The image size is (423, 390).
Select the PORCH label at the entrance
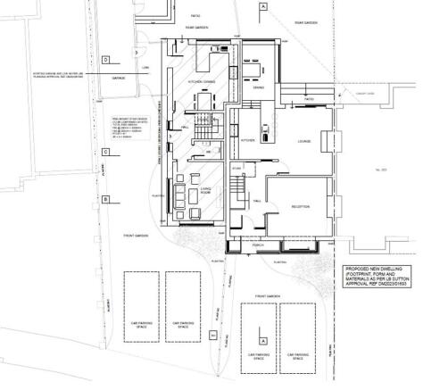[259, 245]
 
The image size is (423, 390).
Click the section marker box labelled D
[105, 60]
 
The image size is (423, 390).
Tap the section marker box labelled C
[105, 153]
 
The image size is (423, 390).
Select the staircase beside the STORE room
[236, 188]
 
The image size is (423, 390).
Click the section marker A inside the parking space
[262, 341]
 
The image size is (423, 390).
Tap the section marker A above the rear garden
[264, 6]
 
